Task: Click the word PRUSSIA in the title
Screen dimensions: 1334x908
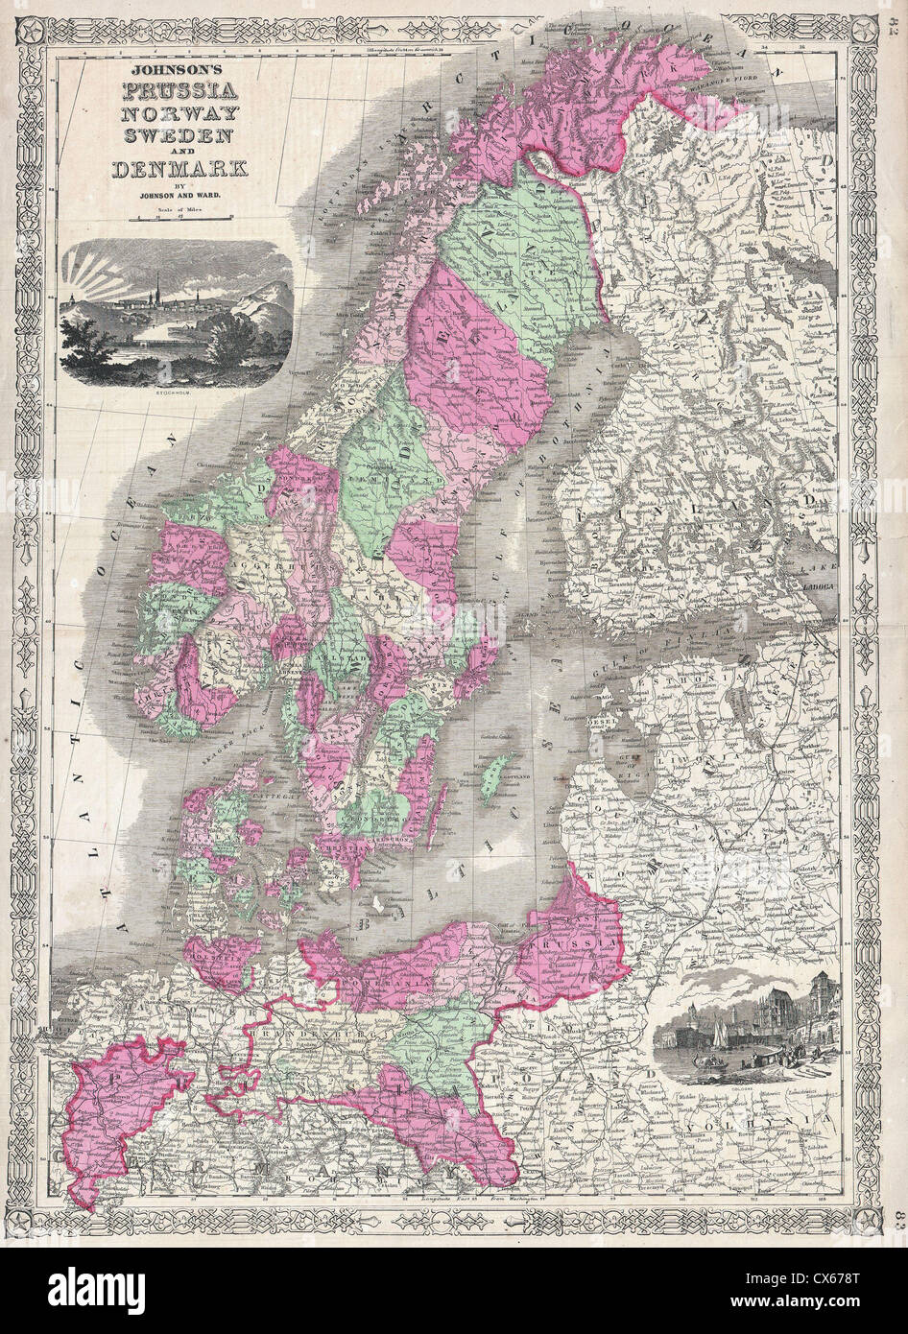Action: click(179, 94)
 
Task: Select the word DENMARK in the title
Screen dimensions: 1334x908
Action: click(179, 169)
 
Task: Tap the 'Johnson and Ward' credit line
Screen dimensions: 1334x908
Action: click(179, 199)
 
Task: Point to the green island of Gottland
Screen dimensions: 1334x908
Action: click(495, 777)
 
